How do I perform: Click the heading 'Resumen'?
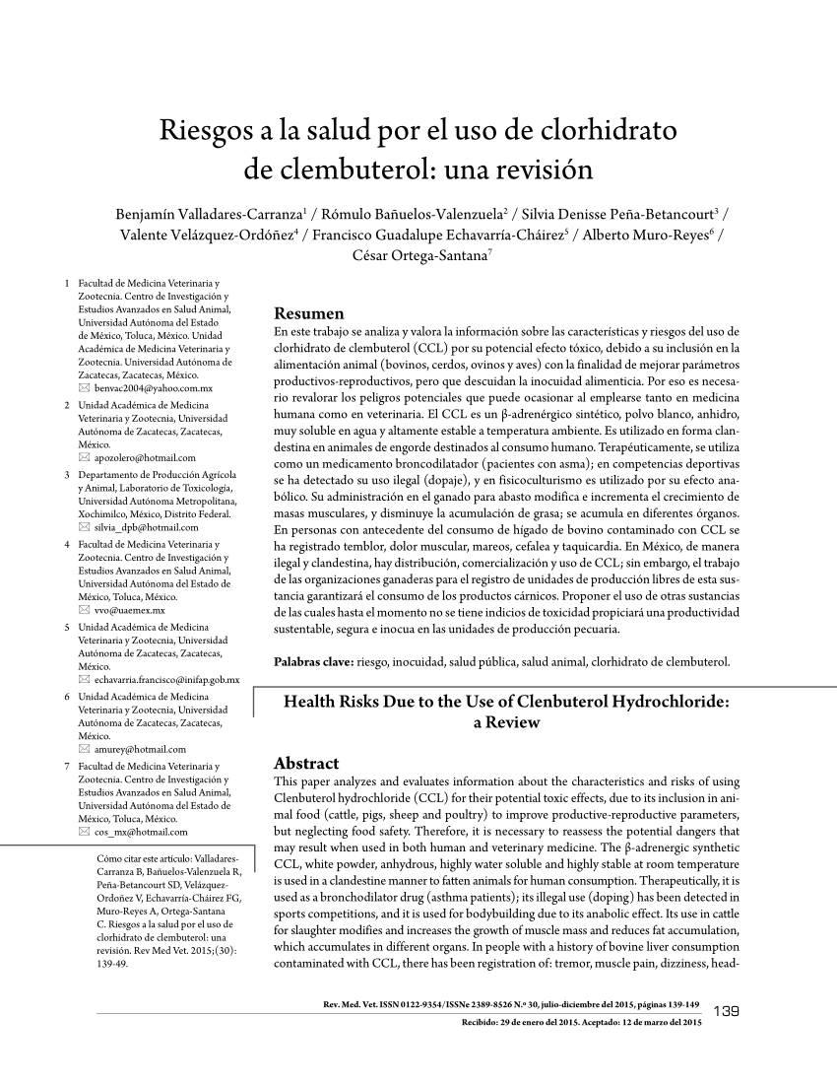308,313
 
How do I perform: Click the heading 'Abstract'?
305,763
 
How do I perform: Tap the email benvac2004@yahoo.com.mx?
153,390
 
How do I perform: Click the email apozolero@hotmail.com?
145,458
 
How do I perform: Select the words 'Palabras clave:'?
312,662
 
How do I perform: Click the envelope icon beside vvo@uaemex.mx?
84,611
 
